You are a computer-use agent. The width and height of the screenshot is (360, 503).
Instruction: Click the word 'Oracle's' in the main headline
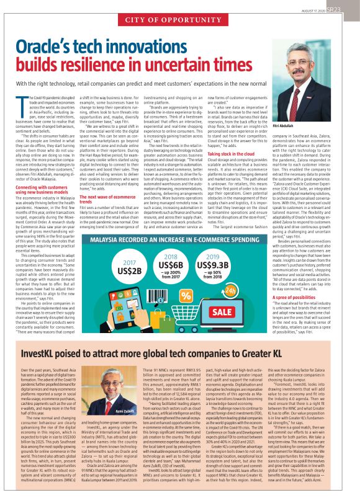point(58,48)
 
